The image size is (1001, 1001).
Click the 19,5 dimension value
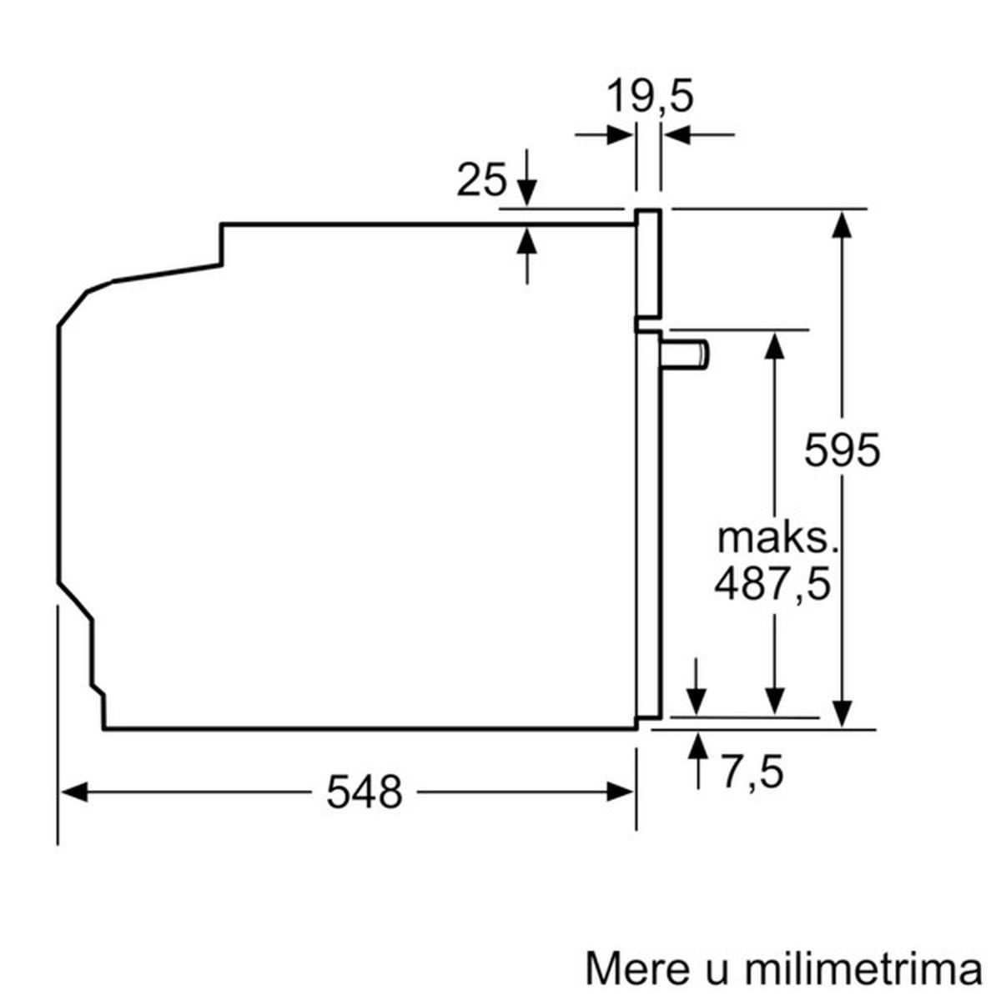pos(649,96)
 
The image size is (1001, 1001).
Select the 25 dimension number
pos(481,179)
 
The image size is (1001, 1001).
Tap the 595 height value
pos(842,451)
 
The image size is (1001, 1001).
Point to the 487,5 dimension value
pos(772,584)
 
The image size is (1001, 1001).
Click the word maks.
pos(777,538)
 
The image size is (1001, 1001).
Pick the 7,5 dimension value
pos(752,772)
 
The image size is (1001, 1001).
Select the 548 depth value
pos(364,792)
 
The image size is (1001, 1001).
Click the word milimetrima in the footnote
pos(862,969)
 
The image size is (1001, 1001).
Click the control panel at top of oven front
pos(649,263)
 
